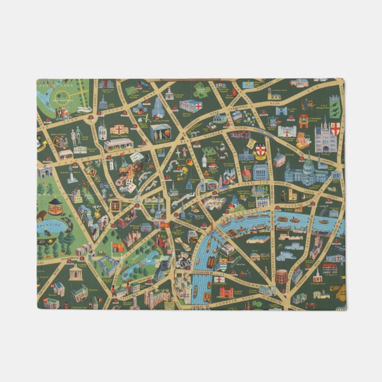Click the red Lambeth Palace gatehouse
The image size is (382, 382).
(226, 292)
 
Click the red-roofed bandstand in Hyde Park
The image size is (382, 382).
(55, 205)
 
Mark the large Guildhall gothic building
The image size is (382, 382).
(326, 138)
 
